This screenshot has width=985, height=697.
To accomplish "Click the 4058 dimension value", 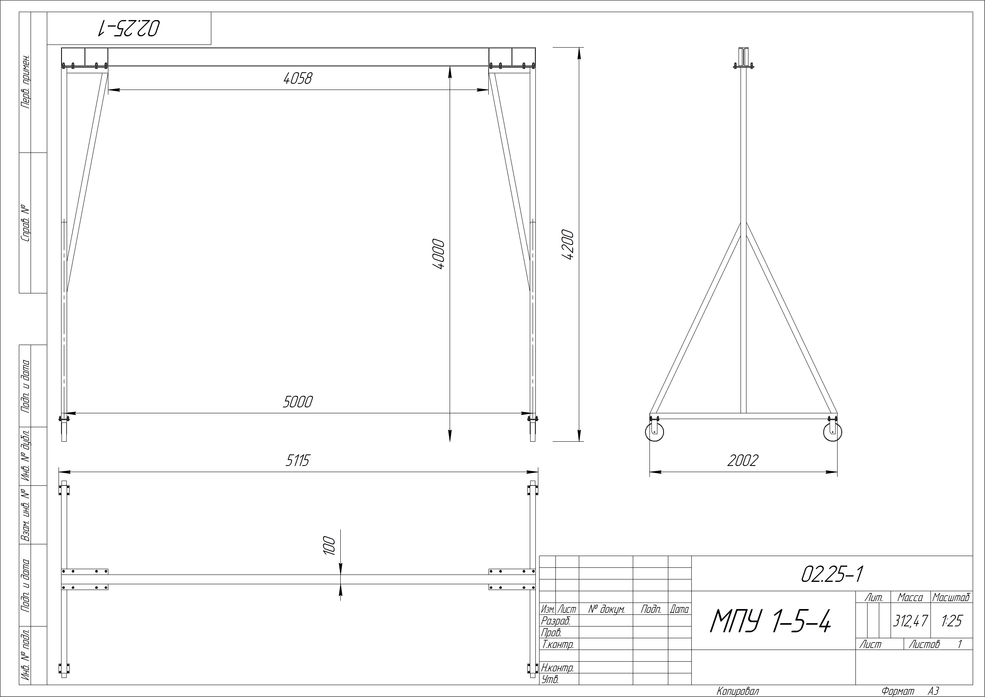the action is (298, 78).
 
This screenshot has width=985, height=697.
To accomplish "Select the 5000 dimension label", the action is (298, 402).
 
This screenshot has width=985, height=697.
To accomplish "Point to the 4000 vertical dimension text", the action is (439, 254).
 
